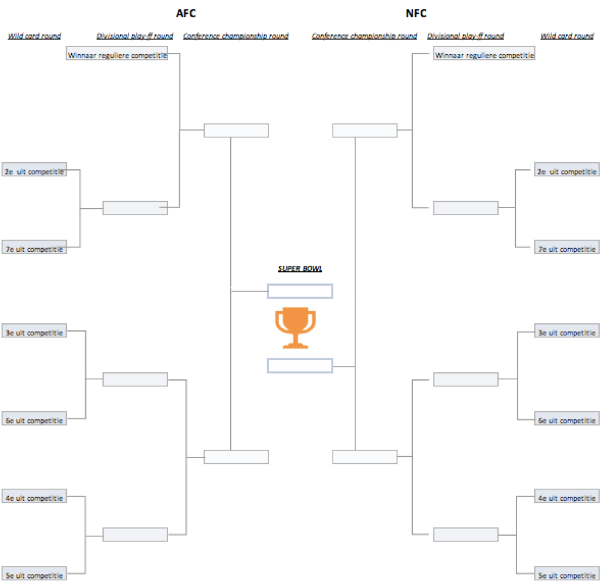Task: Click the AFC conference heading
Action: pyautogui.click(x=185, y=13)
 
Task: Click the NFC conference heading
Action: pyautogui.click(x=416, y=13)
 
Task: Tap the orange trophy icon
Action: pyautogui.click(x=295, y=328)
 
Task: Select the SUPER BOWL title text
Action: pyautogui.click(x=300, y=269)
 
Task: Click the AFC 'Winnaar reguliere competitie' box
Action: pyautogui.click(x=117, y=55)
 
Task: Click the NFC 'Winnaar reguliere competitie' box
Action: pyautogui.click(x=484, y=55)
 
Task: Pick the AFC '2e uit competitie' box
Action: pyautogui.click(x=34, y=171)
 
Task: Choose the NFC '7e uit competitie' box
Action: pyautogui.click(x=567, y=249)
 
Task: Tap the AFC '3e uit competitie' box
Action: pyautogui.click(x=34, y=332)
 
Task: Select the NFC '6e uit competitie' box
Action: pyautogui.click(x=567, y=420)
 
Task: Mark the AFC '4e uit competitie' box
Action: pyautogui.click(x=34, y=498)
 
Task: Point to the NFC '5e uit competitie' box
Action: pyautogui.click(x=567, y=575)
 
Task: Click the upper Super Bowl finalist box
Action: pyautogui.click(x=300, y=291)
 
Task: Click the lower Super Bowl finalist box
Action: pyautogui.click(x=300, y=365)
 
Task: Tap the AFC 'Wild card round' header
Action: pyautogui.click(x=34, y=36)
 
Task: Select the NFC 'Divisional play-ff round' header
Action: pyautogui.click(x=466, y=36)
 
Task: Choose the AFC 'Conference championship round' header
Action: pyautogui.click(x=236, y=36)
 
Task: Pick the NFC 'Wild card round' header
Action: pyautogui.click(x=567, y=36)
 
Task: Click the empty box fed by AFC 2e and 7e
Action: pyautogui.click(x=135, y=207)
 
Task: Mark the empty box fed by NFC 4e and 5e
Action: pyautogui.click(x=466, y=534)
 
